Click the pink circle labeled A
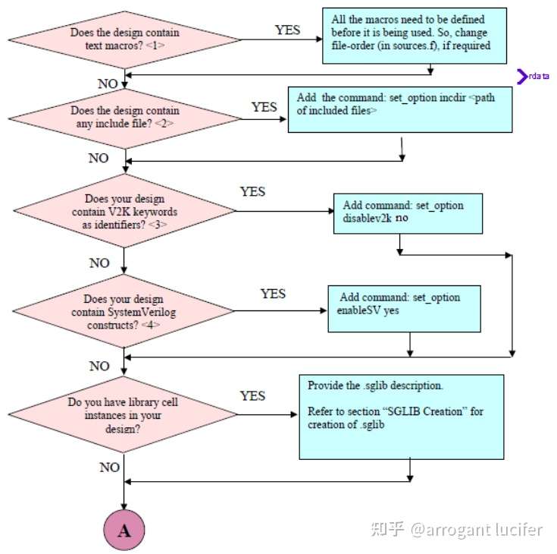124,530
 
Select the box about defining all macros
414,35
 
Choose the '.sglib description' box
401,417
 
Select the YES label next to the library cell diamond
252,395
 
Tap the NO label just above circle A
110,467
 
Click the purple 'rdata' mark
534,76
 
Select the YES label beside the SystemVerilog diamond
273,293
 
